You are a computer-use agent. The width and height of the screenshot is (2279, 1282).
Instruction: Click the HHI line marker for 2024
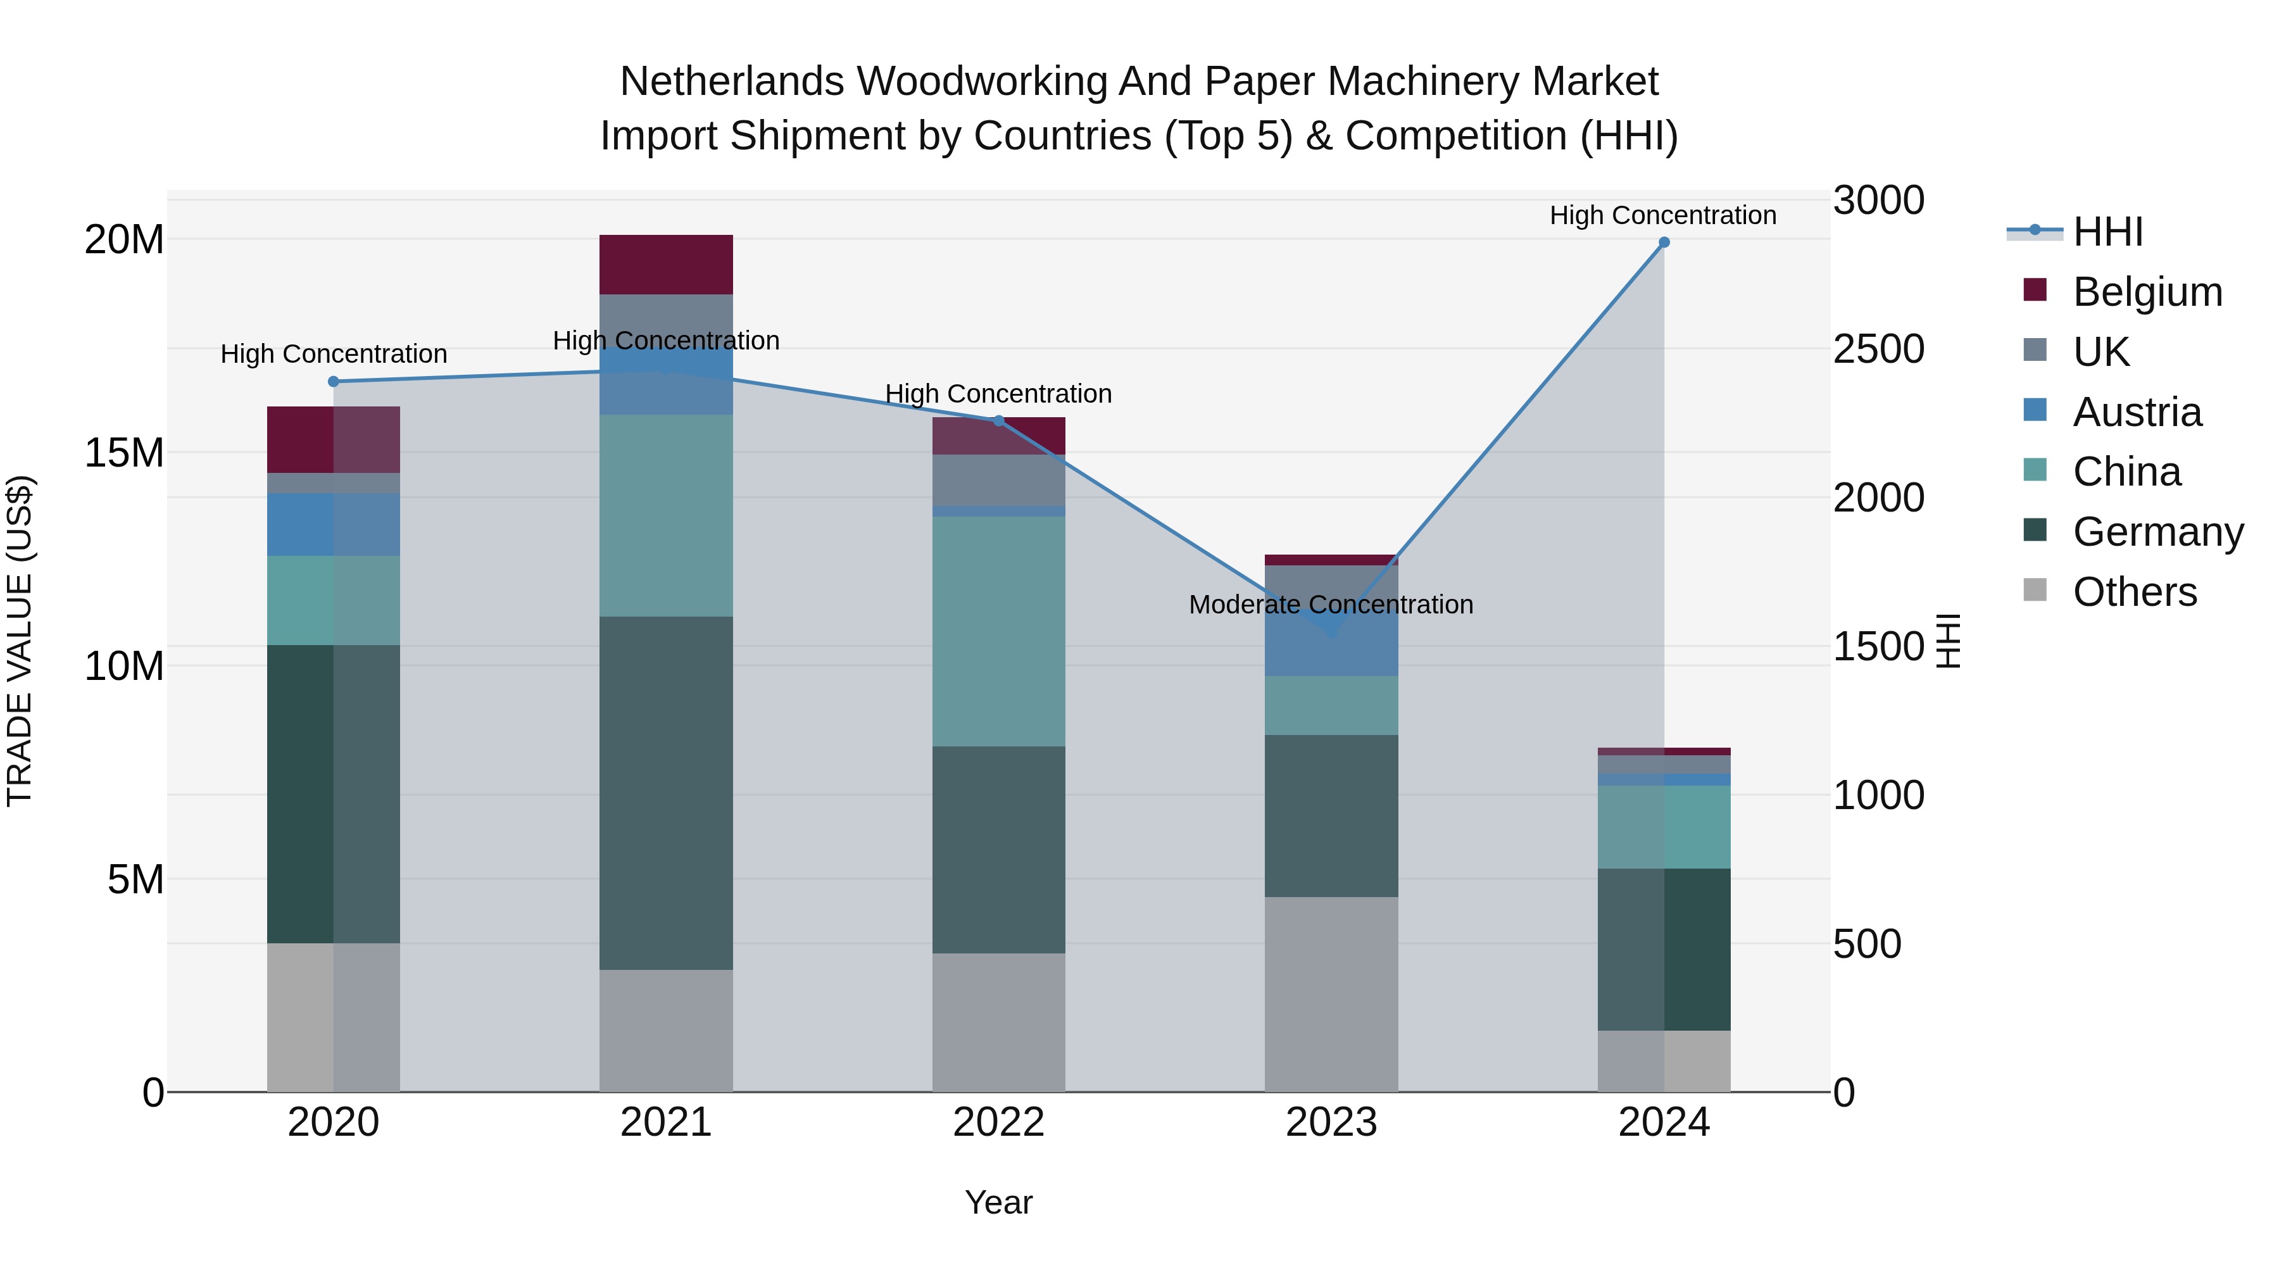(x=1663, y=242)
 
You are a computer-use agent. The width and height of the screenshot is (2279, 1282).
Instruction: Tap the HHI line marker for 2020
(x=334, y=381)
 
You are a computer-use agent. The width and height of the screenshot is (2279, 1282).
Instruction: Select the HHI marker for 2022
(x=999, y=420)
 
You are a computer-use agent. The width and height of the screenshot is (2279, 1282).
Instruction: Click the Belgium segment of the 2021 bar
(x=665, y=265)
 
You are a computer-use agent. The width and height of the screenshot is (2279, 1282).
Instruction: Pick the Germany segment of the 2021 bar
(x=665, y=792)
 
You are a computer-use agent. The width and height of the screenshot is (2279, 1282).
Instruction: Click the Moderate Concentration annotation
(x=1331, y=605)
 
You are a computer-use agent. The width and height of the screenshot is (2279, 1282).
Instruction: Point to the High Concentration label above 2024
(x=1662, y=216)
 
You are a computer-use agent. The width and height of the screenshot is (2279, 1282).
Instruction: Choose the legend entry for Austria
(x=2137, y=412)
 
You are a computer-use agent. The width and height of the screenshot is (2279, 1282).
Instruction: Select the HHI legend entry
(x=2107, y=232)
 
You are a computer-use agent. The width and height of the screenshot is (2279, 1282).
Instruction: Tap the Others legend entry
(x=2134, y=592)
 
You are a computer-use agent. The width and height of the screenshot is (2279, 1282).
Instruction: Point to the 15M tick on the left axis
(x=124, y=453)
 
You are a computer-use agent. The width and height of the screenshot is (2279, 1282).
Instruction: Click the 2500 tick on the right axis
(x=1878, y=349)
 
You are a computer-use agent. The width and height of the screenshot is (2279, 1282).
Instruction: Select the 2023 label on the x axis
(x=1331, y=1122)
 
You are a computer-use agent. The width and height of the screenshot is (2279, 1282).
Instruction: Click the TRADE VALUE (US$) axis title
(x=20, y=641)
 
